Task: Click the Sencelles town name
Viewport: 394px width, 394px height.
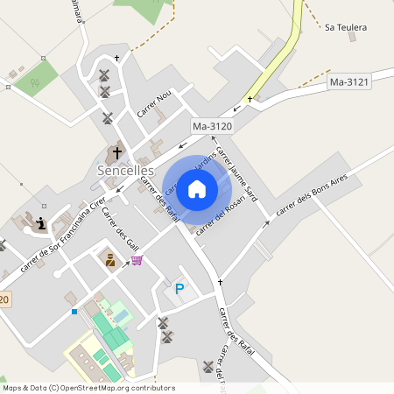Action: click(125, 170)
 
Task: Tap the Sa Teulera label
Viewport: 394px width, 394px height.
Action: click(345, 28)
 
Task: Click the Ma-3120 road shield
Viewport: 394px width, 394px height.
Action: click(212, 126)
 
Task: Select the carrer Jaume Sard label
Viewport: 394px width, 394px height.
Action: click(236, 171)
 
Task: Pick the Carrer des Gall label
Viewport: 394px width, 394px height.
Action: click(121, 229)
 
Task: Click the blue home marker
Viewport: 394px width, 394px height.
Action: click(197, 188)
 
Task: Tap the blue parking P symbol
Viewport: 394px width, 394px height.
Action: click(179, 288)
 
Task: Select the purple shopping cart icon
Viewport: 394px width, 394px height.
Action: click(137, 260)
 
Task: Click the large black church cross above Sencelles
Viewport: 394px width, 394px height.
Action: click(117, 152)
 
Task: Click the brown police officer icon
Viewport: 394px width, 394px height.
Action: click(110, 259)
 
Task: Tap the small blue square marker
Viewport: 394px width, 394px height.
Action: click(74, 312)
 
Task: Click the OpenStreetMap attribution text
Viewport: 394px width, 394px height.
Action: click(89, 388)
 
